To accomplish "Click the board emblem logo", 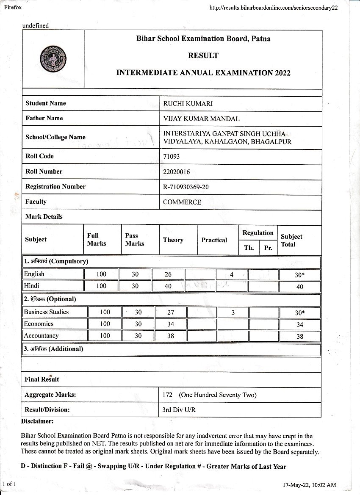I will (x=53, y=59).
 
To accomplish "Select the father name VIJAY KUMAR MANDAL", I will (x=201, y=119).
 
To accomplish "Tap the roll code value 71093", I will (x=172, y=156).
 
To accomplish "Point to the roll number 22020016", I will (x=177, y=171).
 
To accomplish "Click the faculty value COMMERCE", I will (x=182, y=202).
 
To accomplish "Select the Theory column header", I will (x=173, y=240).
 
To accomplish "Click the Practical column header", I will (x=214, y=240).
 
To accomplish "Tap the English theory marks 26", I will (x=168, y=274).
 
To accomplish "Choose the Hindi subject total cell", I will (x=299, y=287).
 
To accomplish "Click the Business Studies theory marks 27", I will (x=171, y=312).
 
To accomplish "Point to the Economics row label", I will (x=39, y=324).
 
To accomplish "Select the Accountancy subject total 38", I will (x=299, y=336).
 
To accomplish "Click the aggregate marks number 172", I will (x=167, y=395).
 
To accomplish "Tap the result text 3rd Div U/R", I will (x=179, y=410).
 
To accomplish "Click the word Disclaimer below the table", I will (x=37, y=421).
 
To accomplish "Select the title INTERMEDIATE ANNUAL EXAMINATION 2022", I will (x=203, y=73).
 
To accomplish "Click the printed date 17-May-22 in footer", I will (x=297, y=484).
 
